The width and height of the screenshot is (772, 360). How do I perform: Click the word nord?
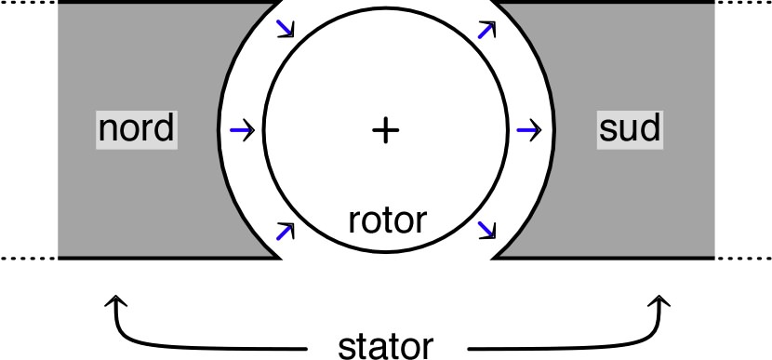pos(136,128)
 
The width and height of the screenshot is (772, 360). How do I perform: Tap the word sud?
pos(629,128)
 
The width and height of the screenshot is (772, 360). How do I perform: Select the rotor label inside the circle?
pos(387,220)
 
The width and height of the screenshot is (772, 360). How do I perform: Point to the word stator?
pos(384,345)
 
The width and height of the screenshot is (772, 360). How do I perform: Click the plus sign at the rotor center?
pos(384,131)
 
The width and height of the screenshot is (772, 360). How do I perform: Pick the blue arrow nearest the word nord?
pos(241,131)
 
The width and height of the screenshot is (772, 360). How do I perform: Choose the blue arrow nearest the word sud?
pos(528,130)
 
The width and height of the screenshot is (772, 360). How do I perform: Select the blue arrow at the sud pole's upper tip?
pos(485,30)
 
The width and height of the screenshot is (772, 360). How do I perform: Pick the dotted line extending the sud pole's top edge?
pos(743,2)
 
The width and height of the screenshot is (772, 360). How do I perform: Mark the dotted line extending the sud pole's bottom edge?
pos(743,258)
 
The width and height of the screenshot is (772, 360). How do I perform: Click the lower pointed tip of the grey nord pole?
pos(280,256)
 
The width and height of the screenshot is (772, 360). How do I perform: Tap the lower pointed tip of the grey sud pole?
pos(493,256)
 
